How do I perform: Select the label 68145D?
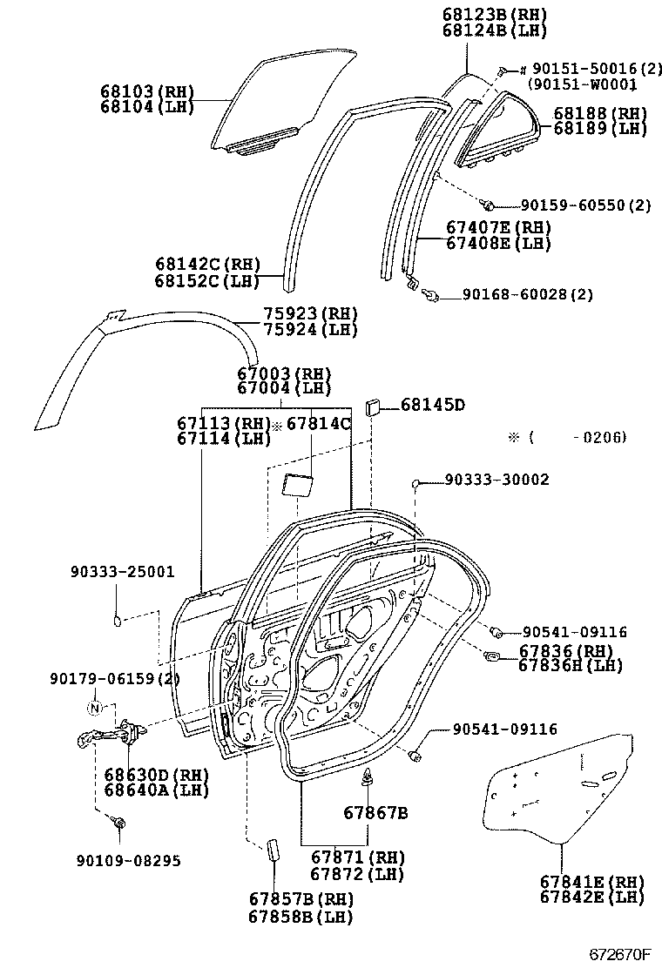coord(432,405)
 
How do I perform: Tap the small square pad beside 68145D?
coord(372,406)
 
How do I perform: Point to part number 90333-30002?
coord(496,480)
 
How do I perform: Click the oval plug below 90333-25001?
coord(117,620)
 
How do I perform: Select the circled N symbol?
coord(96,707)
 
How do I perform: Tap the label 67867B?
coord(375,813)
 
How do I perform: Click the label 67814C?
coord(318,424)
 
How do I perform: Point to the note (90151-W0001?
coord(582,84)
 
